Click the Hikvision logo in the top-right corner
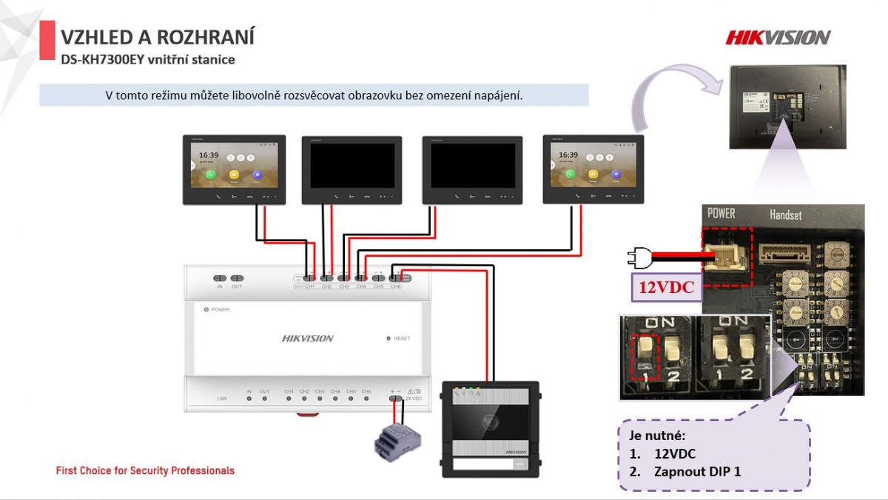[778, 37]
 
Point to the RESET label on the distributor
[402, 339]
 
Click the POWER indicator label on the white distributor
[220, 310]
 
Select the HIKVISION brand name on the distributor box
[308, 339]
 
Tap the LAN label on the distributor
[221, 399]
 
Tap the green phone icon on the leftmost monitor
[211, 175]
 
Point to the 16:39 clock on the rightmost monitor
[568, 155]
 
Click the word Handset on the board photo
[786, 215]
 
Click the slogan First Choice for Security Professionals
[145, 470]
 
